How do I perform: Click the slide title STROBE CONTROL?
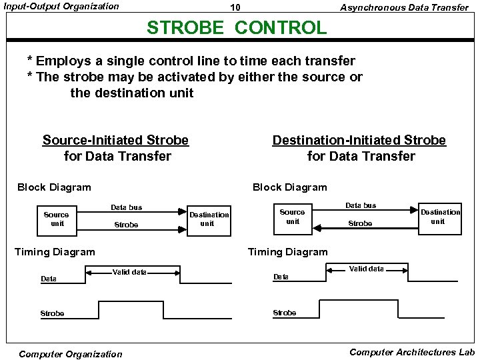237,28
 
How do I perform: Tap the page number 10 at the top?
235,8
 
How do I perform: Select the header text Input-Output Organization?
61,7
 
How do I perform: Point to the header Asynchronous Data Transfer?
404,7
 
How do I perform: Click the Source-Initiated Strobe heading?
115,141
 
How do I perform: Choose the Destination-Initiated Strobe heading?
359,141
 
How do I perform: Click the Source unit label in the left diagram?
56,219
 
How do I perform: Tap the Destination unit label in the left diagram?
209,219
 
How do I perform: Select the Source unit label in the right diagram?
292,216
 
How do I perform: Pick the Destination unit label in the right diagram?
440,216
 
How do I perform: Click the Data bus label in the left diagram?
126,207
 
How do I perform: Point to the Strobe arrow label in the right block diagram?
360,223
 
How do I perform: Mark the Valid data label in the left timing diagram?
129,272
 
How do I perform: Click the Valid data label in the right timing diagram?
367,269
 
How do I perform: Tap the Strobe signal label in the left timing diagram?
52,313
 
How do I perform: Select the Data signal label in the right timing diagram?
281,277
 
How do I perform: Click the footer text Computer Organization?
71,354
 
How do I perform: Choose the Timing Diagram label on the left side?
55,251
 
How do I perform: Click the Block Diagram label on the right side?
289,187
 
